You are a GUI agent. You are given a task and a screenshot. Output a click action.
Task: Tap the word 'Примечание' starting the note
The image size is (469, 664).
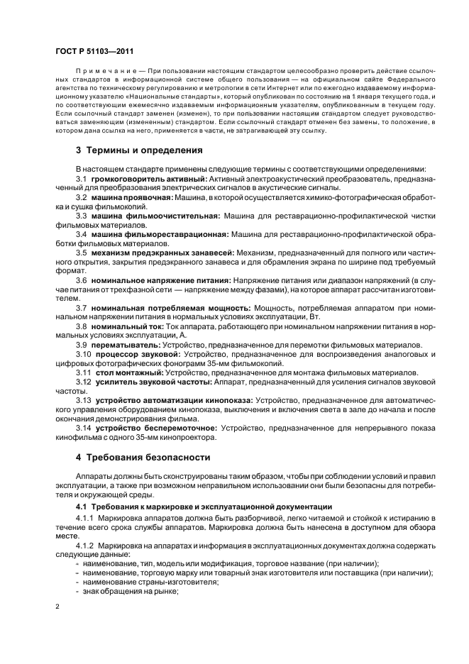pos(99,72)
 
